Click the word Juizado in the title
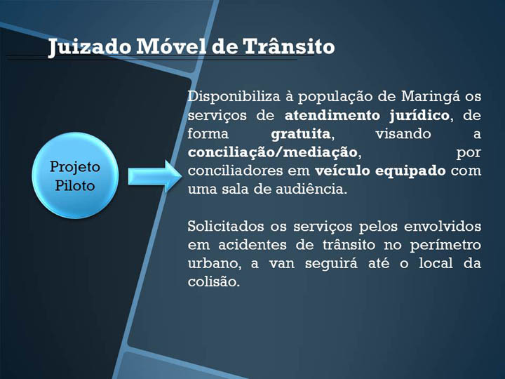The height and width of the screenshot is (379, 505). [x=90, y=47]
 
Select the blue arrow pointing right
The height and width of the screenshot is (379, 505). [x=155, y=176]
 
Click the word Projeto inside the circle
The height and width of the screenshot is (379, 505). [x=75, y=168]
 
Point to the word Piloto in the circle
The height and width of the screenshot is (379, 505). [x=75, y=185]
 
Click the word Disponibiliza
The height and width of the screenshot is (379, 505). [x=234, y=97]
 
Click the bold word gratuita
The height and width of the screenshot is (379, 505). [x=301, y=134]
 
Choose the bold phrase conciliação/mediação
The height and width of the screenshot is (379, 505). [x=272, y=152]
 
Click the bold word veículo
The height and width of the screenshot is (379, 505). [x=342, y=171]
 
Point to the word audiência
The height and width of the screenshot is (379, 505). [x=311, y=189]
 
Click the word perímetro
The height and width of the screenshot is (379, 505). [x=446, y=246]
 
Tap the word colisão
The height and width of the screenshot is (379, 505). [x=214, y=281]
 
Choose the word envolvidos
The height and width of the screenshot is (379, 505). [x=443, y=226]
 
